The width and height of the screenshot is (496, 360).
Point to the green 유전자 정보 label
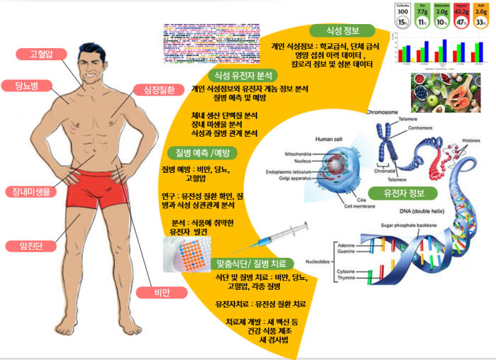point(403,192)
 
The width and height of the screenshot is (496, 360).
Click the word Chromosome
point(387,112)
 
